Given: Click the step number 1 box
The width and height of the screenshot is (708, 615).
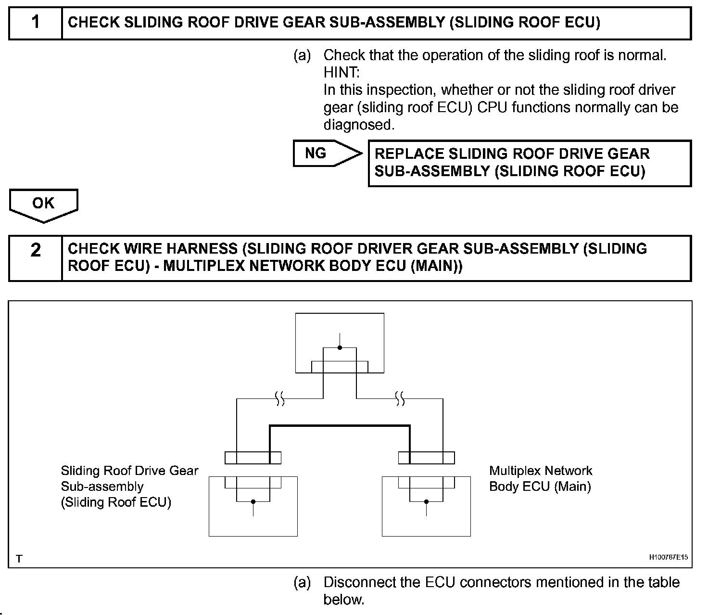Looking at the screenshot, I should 36,23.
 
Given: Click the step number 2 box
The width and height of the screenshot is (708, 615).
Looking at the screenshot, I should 36,250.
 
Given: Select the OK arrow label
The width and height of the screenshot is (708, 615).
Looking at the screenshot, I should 43,204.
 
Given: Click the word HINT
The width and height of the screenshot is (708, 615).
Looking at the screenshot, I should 341,73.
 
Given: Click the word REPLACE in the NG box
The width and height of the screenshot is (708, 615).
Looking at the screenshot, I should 409,154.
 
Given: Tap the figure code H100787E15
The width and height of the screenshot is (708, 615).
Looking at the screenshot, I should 668,558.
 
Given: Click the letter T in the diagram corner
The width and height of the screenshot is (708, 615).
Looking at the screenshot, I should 19,559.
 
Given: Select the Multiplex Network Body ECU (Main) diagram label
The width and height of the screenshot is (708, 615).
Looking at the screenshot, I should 540,478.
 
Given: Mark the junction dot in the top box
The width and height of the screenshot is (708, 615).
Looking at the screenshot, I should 340,347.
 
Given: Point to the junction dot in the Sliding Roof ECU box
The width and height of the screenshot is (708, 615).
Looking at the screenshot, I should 253,501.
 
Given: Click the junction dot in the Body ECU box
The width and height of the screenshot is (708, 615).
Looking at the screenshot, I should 426,501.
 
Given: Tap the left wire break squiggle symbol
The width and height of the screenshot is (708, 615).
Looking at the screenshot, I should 279,398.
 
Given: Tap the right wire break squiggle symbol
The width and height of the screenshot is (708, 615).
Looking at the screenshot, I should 400,398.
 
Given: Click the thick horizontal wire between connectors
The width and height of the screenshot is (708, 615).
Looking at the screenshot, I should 340,426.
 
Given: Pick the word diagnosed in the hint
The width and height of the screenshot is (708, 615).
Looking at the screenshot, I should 358,125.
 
